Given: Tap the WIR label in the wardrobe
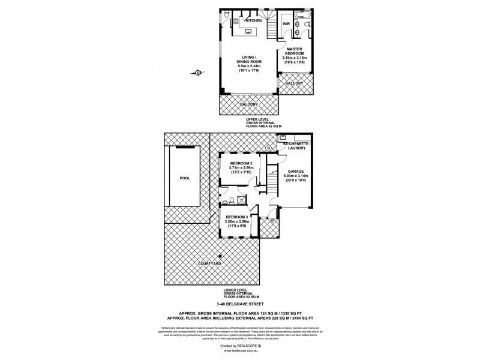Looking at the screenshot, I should point(287,24).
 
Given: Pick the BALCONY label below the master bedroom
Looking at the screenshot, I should point(295,83).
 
